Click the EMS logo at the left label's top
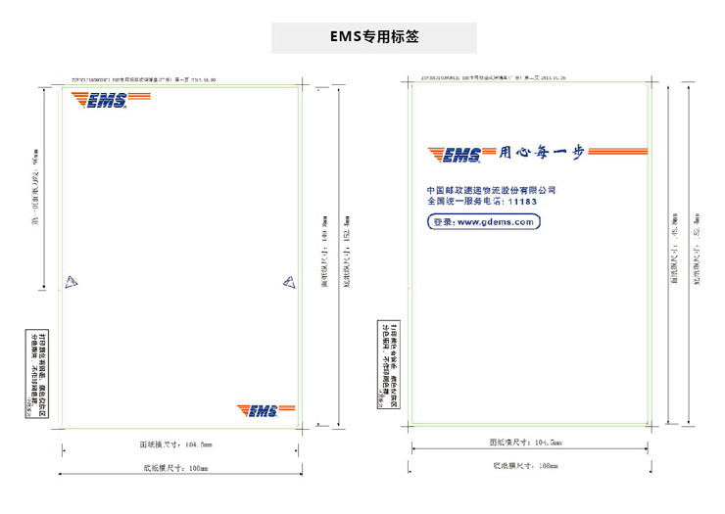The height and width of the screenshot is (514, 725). click(99, 99)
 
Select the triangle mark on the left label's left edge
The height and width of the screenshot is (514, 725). click(71, 283)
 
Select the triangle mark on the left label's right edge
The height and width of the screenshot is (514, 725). click(289, 282)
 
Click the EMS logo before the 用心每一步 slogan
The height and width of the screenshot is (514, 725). click(456, 155)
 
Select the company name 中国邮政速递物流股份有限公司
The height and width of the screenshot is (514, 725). click(491, 189)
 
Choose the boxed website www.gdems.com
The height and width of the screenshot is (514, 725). click(484, 222)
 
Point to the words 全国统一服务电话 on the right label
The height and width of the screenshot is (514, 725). click(465, 202)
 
